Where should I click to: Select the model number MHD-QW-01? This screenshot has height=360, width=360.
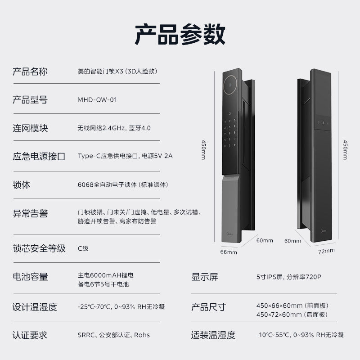tap(97, 100)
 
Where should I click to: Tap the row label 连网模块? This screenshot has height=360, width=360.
tap(30, 128)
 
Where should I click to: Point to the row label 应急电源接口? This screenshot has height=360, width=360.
tap(39, 157)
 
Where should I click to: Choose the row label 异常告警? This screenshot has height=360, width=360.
tap(30, 213)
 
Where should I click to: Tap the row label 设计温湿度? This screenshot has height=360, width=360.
tap(35, 307)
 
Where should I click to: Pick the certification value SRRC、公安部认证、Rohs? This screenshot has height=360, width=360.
tap(113, 335)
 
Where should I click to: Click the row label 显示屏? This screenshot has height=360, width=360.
tap(205, 277)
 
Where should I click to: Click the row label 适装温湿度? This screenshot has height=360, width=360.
tap(213, 335)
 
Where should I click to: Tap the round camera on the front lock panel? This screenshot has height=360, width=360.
tap(230, 84)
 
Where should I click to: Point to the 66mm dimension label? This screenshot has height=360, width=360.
tap(229, 252)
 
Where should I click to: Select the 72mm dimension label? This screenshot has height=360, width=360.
tap(327, 251)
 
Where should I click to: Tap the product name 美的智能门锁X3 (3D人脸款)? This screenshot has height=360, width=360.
tap(117, 72)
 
